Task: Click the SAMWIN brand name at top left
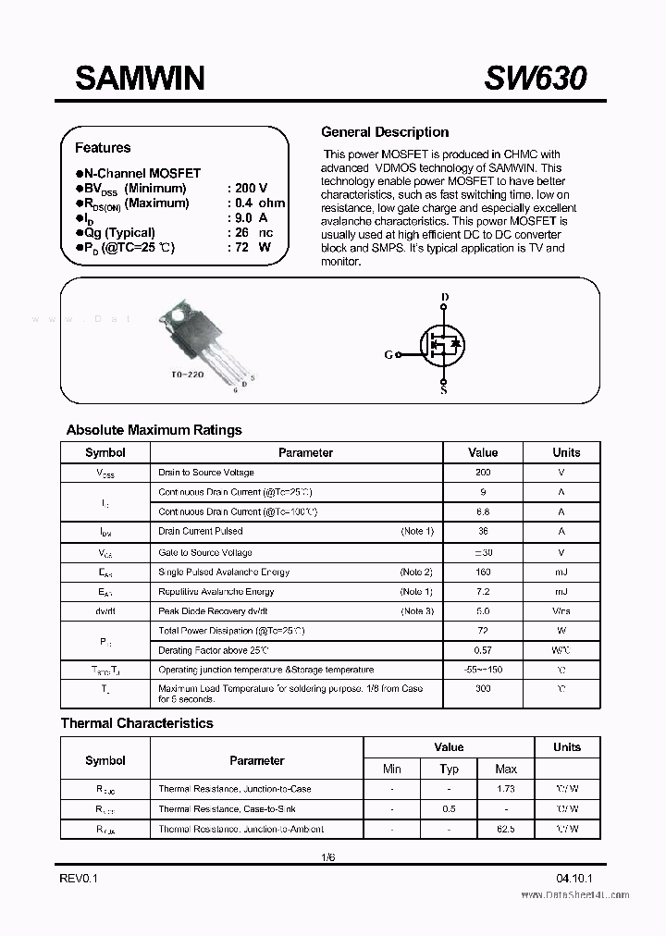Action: (x=140, y=79)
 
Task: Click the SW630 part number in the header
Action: (x=535, y=79)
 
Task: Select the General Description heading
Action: (x=384, y=132)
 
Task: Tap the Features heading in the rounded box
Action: (x=103, y=148)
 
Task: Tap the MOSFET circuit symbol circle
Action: (x=443, y=345)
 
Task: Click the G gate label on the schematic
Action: (x=388, y=354)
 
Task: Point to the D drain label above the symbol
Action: (x=444, y=298)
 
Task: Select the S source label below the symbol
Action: (x=444, y=390)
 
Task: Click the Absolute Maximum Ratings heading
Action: (x=154, y=430)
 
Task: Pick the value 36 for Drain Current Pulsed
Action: (x=483, y=532)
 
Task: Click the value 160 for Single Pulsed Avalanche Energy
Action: (x=483, y=573)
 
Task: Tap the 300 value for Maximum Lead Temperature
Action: (x=483, y=689)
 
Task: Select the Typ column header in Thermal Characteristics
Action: (x=450, y=769)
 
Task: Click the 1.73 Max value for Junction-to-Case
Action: (x=506, y=789)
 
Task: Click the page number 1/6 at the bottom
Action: (x=327, y=857)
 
